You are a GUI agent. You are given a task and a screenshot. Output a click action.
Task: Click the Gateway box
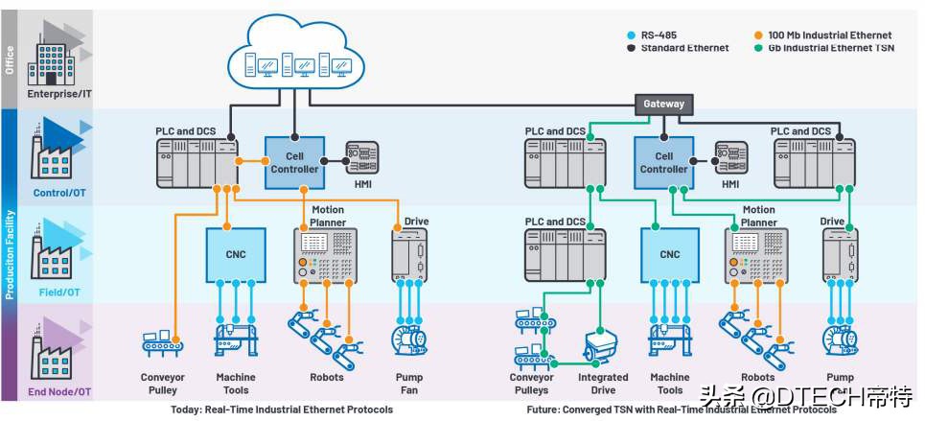click(663, 104)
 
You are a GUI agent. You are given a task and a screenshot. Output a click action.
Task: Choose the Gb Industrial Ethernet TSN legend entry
click(830, 48)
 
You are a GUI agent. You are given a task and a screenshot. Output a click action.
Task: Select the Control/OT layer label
click(60, 193)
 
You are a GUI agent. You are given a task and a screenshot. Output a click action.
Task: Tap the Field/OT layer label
click(60, 291)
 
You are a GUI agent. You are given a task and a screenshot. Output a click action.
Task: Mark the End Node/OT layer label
click(60, 391)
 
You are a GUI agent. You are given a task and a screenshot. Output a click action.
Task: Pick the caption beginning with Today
click(275, 410)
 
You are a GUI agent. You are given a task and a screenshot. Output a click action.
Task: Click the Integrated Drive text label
click(603, 384)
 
